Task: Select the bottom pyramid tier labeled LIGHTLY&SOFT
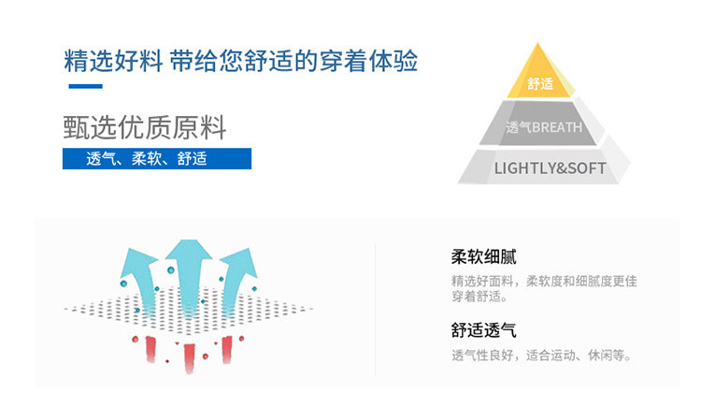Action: (x=549, y=168)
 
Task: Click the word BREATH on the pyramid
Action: (x=557, y=127)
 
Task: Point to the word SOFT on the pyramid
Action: (x=585, y=168)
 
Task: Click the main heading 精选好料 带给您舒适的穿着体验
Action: (x=240, y=62)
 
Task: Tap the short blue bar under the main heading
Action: (x=85, y=87)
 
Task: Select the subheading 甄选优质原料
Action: (x=145, y=126)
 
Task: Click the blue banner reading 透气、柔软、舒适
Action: (x=156, y=158)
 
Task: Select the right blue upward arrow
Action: (x=237, y=272)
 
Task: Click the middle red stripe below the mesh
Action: (x=189, y=355)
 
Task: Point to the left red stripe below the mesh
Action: (x=150, y=347)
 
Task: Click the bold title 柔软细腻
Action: (x=483, y=257)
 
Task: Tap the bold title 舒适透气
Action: (x=483, y=330)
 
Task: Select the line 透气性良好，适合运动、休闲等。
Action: (x=542, y=356)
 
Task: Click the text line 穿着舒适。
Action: (x=479, y=298)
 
